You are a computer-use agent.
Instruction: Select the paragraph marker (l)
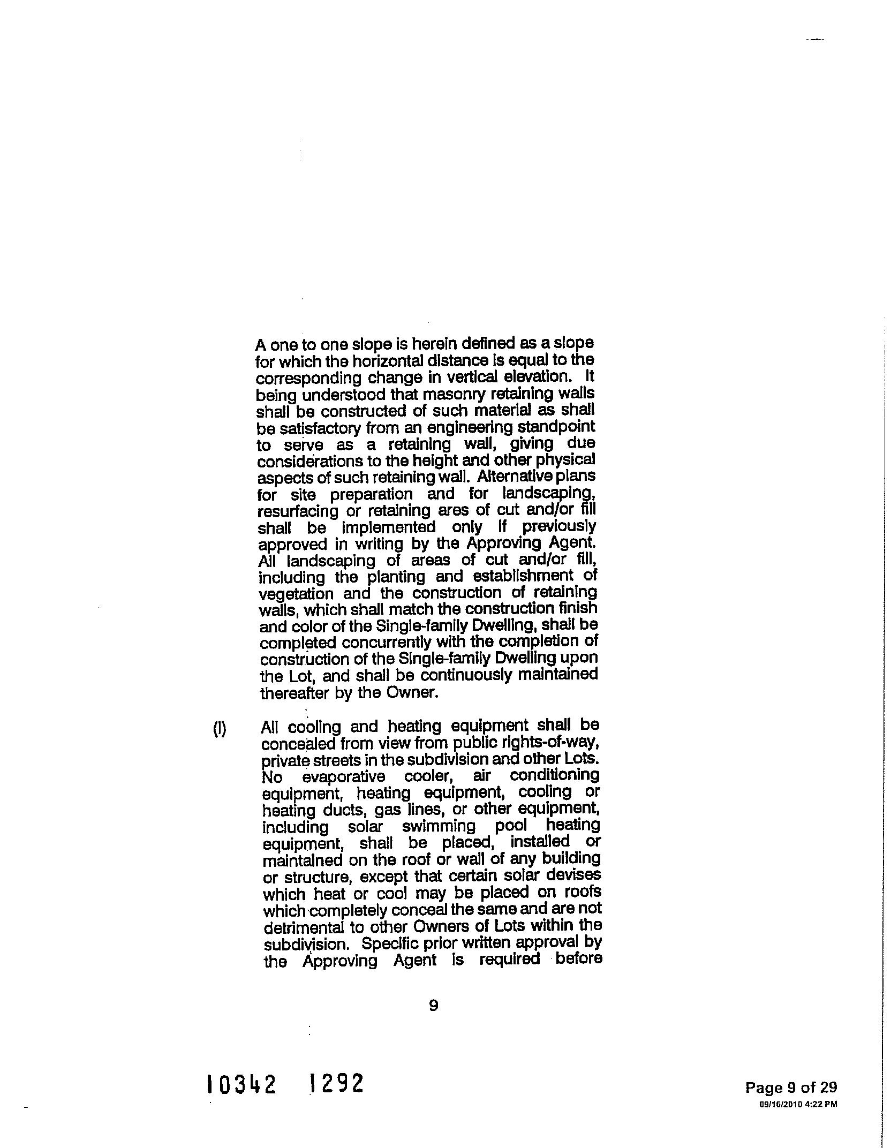[x=220, y=729]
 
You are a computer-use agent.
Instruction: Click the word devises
[x=578, y=876]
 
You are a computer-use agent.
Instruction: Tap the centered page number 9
[x=434, y=1006]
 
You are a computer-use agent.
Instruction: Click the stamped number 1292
[x=337, y=1083]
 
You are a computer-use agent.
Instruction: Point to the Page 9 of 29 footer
[x=791, y=1087]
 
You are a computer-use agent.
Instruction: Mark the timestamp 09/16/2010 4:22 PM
[x=798, y=1104]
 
